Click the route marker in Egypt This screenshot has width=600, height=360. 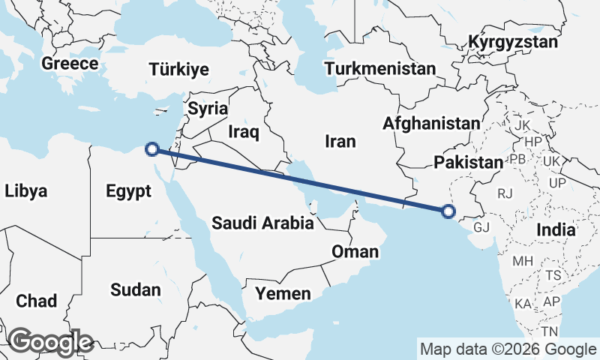(152, 148)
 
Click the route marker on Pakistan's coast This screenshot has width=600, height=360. (448, 211)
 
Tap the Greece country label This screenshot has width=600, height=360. (70, 63)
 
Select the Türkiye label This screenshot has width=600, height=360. (178, 70)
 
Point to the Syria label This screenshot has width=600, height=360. (208, 108)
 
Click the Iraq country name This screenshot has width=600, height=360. (243, 133)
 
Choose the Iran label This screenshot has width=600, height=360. (340, 140)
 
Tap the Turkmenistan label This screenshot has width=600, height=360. (380, 69)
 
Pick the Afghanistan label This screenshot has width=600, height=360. (430, 123)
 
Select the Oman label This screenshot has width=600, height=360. (355, 251)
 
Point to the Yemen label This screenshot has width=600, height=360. (283, 293)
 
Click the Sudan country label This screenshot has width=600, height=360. (135, 289)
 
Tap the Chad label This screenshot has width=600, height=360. (36, 301)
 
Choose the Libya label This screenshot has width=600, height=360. (25, 190)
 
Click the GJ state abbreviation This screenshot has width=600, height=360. (481, 226)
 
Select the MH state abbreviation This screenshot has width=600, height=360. (522, 261)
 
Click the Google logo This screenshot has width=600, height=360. (50, 342)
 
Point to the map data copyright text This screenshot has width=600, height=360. (508, 349)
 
